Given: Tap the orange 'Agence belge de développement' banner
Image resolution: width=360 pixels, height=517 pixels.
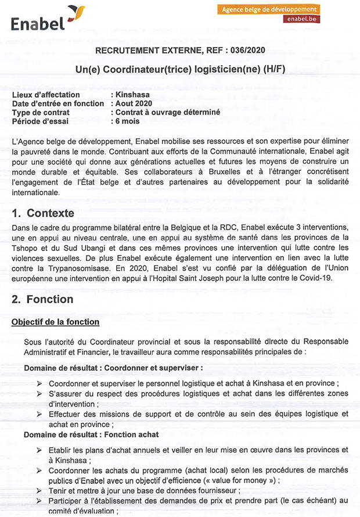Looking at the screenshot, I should coord(270,9).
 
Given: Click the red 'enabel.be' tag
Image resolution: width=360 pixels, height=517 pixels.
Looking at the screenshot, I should coord(303,19).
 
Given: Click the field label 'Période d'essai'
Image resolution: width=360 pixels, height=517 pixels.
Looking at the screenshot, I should coord(40,121).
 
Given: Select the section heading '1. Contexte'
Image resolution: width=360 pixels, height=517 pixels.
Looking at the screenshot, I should coord(43,213).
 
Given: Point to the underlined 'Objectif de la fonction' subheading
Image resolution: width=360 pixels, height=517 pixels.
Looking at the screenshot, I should coord(55,322).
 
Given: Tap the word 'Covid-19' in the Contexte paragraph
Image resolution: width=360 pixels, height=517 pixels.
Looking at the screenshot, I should coord(330,278).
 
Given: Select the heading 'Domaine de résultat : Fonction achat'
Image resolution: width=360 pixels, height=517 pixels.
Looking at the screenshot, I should coord(91,434).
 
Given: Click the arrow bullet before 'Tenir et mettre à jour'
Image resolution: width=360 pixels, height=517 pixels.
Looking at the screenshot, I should coord(39,491).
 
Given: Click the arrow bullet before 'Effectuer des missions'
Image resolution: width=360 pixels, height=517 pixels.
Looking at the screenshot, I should coord(39,414).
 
